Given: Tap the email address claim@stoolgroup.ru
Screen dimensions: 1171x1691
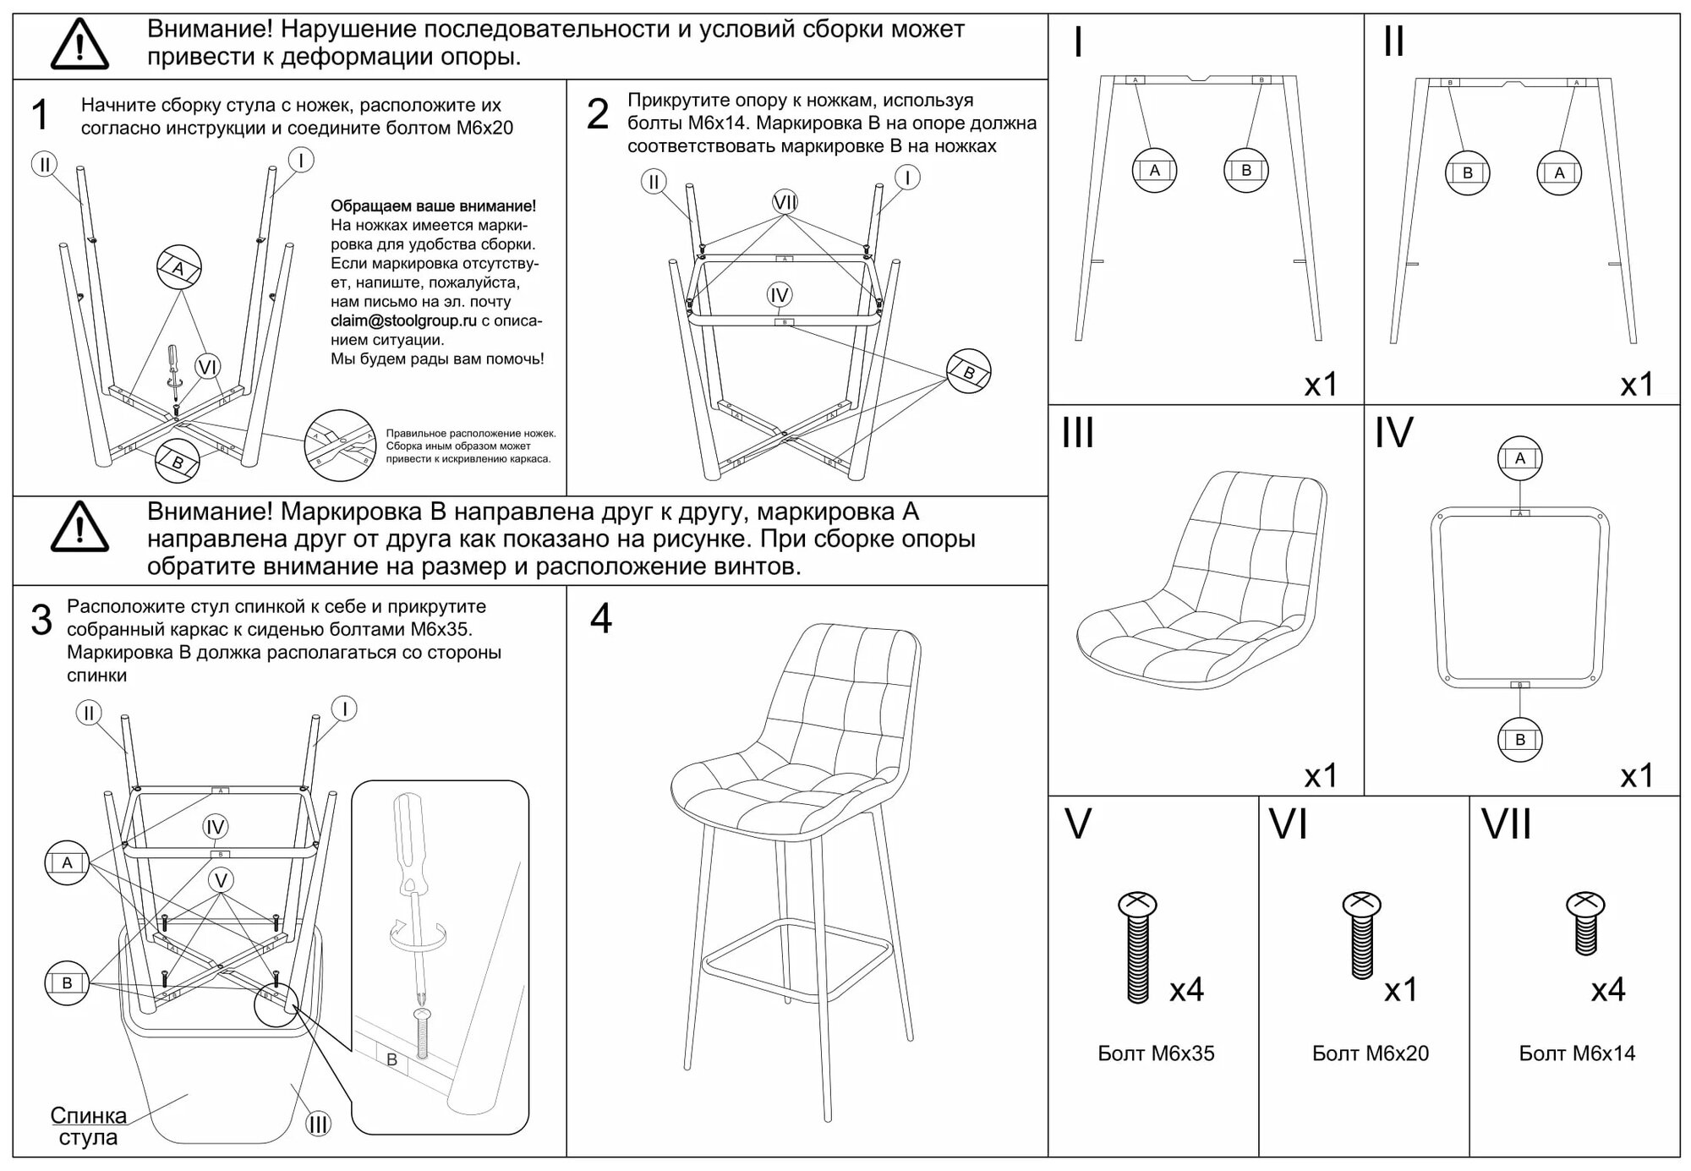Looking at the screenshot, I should [x=403, y=320].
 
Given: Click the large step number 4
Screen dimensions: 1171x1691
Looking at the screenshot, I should [x=600, y=620].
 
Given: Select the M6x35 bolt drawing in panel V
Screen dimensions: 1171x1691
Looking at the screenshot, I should [x=1137, y=947].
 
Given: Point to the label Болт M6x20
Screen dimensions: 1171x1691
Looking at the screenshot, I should [x=1370, y=1053].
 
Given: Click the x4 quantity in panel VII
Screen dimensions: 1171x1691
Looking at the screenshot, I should [x=1607, y=989].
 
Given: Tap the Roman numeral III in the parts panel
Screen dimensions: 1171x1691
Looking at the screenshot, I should [x=1078, y=433].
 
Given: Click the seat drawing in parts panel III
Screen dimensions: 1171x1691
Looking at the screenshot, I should [x=1201, y=583].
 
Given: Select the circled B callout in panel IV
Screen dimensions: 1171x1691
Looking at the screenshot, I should [x=1519, y=740].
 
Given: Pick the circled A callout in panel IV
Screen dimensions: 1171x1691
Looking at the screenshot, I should [x=1519, y=458].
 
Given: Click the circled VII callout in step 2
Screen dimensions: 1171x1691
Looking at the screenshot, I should [x=785, y=202].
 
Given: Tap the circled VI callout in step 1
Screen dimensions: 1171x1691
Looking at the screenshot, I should [x=207, y=367].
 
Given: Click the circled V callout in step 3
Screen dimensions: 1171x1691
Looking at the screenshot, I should [x=221, y=880].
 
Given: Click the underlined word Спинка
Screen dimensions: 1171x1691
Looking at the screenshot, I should [x=88, y=1115].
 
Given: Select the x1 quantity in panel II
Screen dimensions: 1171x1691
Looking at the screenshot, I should [x=1636, y=385].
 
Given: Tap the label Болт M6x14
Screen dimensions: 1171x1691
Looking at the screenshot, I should [x=1577, y=1053].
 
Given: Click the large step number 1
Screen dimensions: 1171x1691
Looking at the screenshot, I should [x=40, y=115].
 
